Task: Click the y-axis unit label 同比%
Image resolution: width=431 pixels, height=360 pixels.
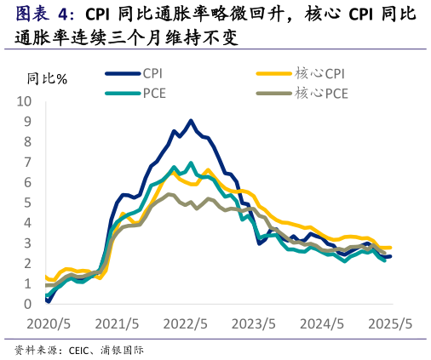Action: [47, 79]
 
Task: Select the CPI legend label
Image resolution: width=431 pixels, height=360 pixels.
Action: [153, 73]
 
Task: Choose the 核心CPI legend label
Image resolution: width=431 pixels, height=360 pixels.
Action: [320, 73]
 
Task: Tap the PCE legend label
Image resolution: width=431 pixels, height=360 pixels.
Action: [154, 93]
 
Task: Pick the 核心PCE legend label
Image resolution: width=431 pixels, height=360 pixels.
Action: [321, 93]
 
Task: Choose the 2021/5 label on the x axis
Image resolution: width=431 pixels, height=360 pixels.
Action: [117, 324]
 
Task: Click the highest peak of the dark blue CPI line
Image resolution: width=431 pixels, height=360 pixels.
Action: [191, 121]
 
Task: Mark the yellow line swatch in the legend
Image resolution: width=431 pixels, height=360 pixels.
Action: [273, 73]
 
